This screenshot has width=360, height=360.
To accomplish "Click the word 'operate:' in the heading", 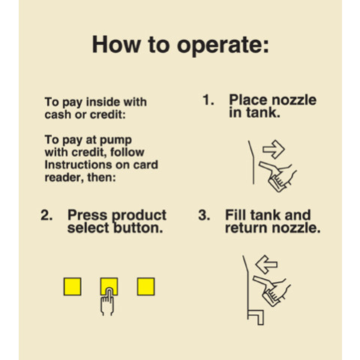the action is pos(223,46).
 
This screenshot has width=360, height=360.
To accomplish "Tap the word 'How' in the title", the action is pos(116,44).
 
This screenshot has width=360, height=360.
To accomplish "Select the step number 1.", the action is pos(208,100).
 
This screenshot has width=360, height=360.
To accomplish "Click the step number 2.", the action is pos(46,215).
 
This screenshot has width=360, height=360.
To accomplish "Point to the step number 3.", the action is pos(204,215).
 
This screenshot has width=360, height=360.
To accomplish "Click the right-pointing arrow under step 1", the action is pos(274,149).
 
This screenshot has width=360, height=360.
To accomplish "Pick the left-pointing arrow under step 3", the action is pos(266,265).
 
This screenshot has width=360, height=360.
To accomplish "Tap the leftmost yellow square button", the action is pos(72,286).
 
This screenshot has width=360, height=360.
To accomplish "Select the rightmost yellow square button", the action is pos(145,286).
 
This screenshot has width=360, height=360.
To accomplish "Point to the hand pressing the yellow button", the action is pos(107,302).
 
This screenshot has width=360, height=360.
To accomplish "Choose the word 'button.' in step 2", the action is pos(138,228).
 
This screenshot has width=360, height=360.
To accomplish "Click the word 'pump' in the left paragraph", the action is pos(115,141).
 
